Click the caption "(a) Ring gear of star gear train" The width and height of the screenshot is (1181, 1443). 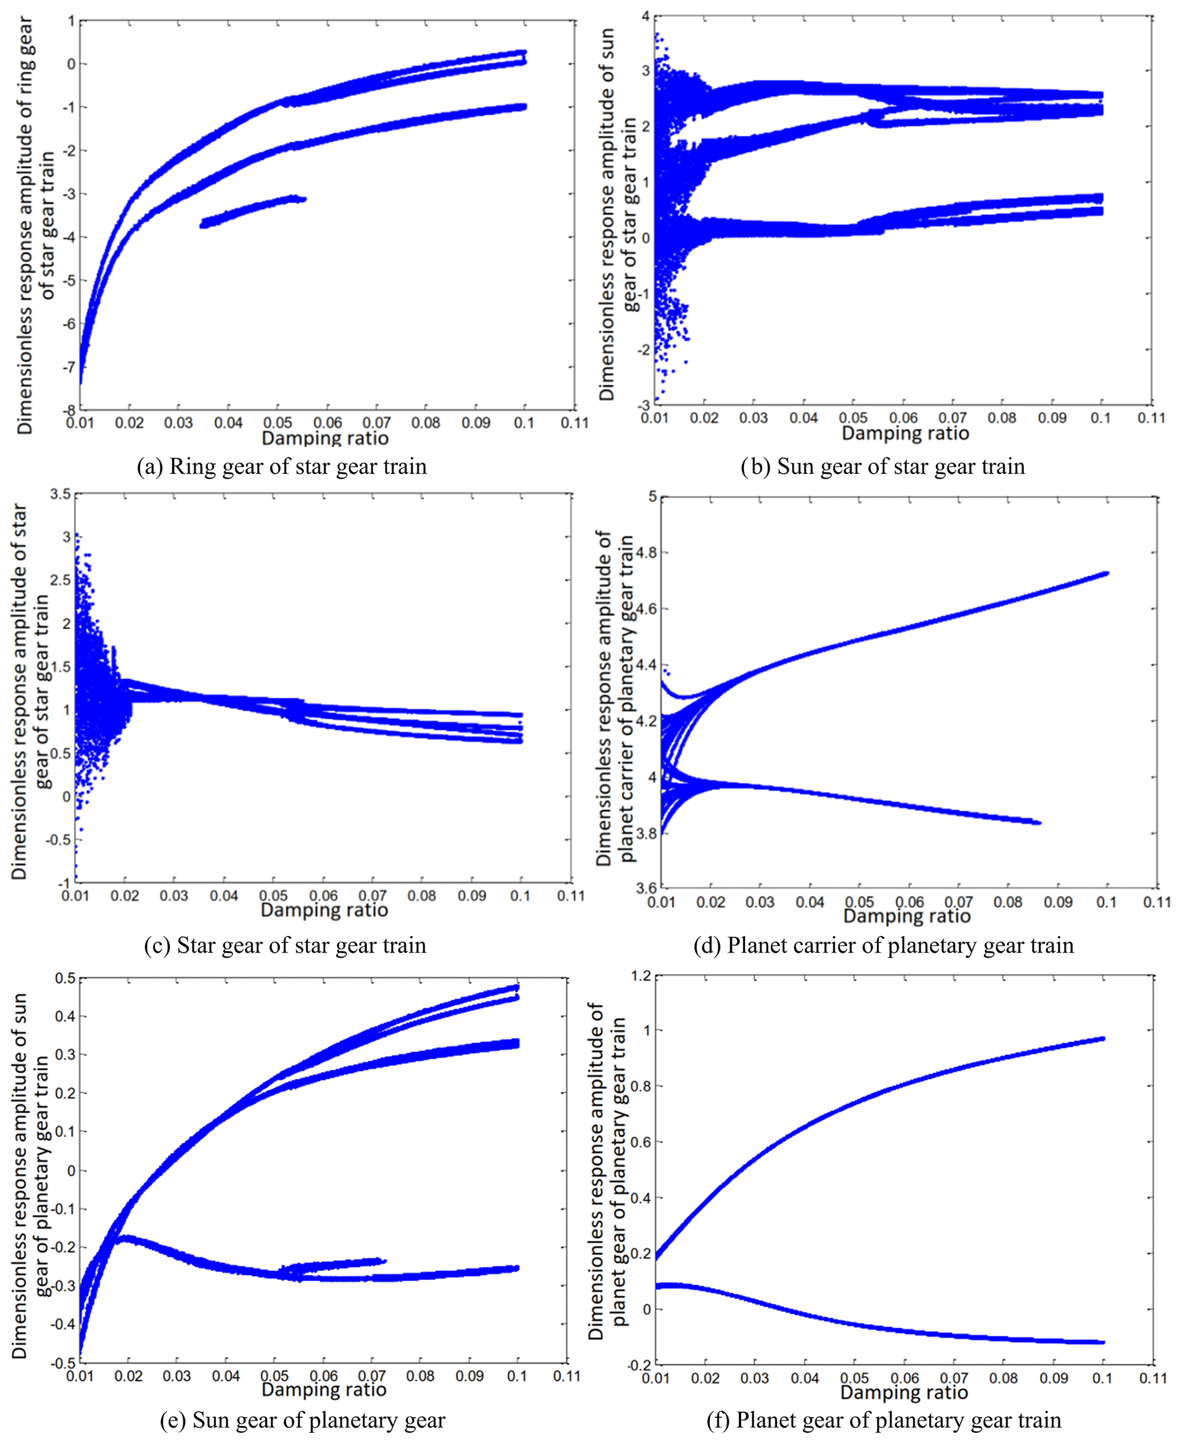(x=282, y=467)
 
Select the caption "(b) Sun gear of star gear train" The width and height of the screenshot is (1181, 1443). (x=882, y=467)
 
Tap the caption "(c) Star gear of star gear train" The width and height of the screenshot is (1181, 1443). (x=285, y=946)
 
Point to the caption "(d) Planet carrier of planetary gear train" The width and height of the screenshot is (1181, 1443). (x=883, y=946)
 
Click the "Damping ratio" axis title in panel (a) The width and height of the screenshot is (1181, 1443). (x=325, y=438)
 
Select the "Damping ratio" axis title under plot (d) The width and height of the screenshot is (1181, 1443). (x=906, y=916)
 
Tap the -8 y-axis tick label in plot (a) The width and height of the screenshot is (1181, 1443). (x=69, y=410)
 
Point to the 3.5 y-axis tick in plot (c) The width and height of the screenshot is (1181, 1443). (x=61, y=494)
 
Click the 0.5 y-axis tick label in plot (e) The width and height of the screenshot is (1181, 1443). (x=65, y=978)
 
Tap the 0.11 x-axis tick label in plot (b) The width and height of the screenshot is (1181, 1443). (x=1151, y=417)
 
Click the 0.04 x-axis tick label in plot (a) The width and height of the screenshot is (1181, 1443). (x=228, y=422)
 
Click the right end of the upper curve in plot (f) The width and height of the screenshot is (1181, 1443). (x=1102, y=1039)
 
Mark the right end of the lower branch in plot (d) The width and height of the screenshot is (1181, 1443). (x=1038, y=823)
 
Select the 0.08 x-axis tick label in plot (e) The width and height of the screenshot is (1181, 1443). (x=421, y=1376)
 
